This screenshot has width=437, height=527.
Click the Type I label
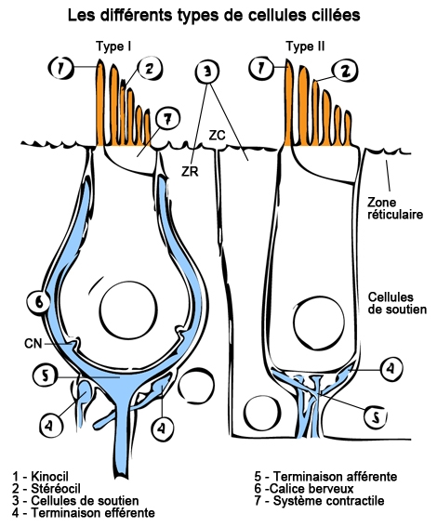tap(115, 46)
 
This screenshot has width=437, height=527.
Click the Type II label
tap(304, 46)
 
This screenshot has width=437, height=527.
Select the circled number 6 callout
tap(36, 302)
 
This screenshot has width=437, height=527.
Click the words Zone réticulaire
tap(395, 207)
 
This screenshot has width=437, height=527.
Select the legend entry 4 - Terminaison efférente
tap(82, 512)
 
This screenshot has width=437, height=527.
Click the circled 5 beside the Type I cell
tap(44, 376)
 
